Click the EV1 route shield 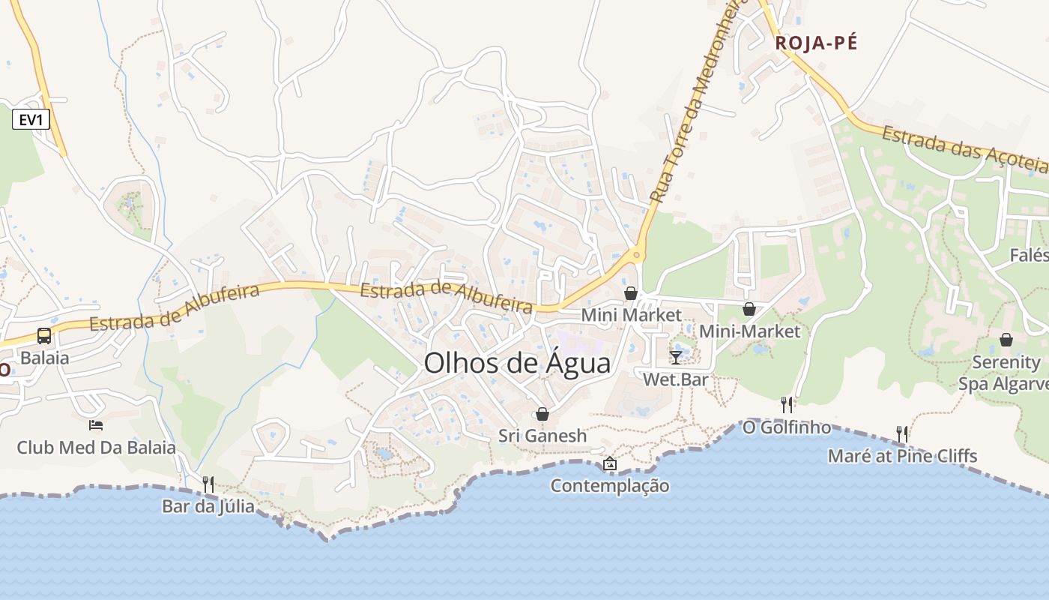tap(31, 118)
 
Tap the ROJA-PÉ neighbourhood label tap(816, 43)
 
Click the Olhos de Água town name tap(517, 364)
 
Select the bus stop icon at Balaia tap(44, 335)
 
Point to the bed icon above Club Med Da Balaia tap(96, 425)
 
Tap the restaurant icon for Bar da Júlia tap(208, 484)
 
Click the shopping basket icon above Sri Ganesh tap(542, 414)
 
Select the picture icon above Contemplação tap(610, 463)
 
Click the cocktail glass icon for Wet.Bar tap(676, 357)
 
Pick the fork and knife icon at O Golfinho tap(787, 405)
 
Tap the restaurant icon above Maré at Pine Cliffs tap(902, 433)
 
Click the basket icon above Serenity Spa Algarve tap(1006, 340)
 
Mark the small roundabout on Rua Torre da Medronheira tap(637, 256)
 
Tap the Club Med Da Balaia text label tap(97, 448)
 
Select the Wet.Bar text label tap(676, 379)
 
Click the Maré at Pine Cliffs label tap(902, 456)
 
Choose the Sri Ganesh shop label tap(542, 436)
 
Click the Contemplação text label tap(610, 486)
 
